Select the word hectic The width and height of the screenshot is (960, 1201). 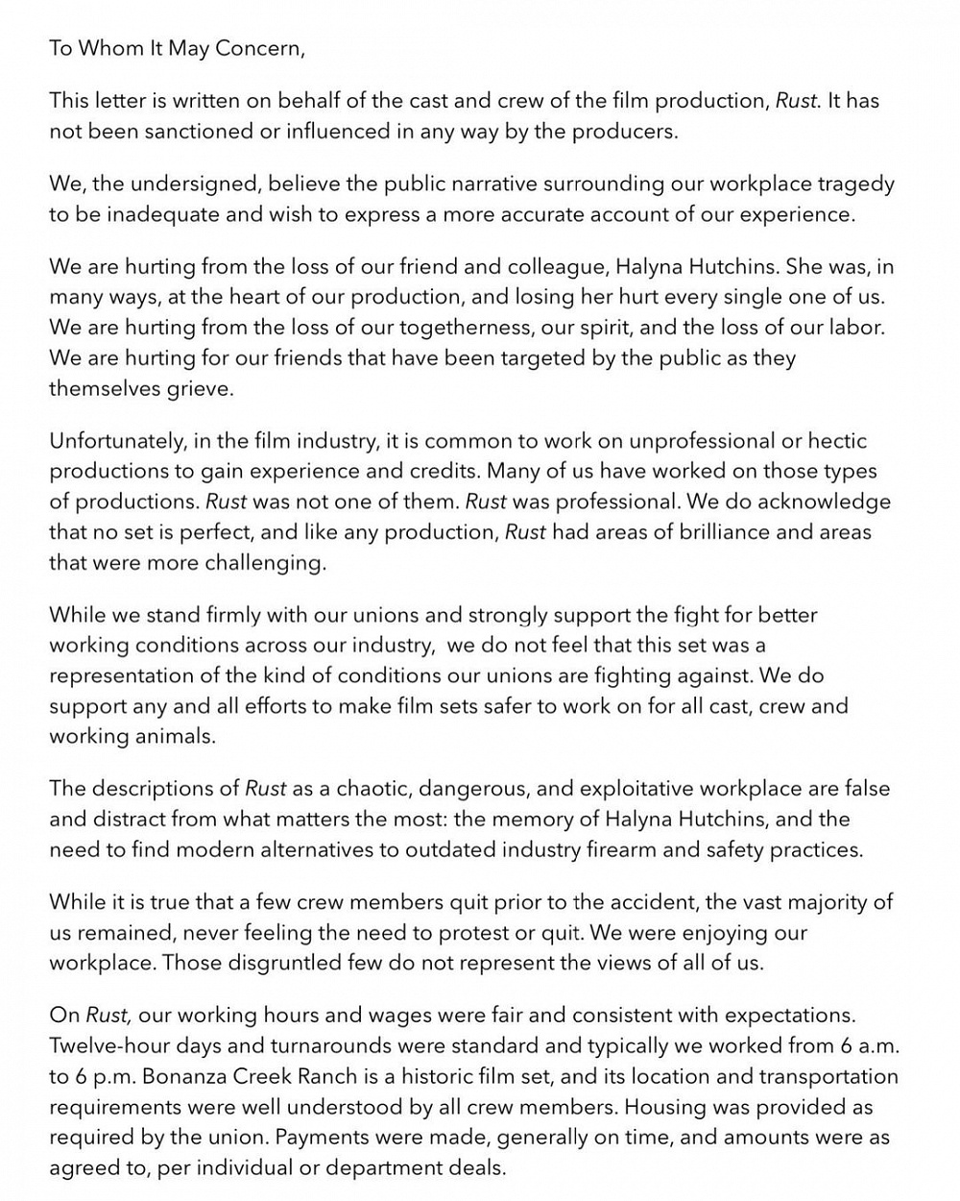[x=834, y=441]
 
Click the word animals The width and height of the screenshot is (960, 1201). [x=178, y=736]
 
